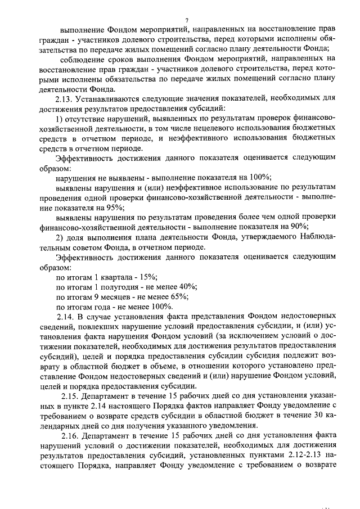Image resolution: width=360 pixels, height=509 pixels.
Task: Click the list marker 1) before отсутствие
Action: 61,118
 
